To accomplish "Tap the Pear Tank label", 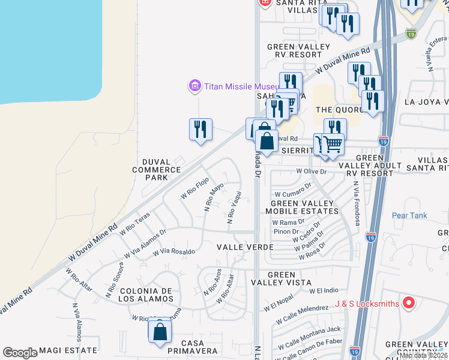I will click(409, 215).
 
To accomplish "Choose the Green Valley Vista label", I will click(289, 278).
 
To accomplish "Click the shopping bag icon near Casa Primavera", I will click(160, 332).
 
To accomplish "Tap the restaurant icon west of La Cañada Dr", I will click(200, 130).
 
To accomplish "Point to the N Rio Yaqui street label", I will click(234, 208).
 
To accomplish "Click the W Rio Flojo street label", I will click(194, 188).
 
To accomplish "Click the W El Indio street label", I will click(325, 291).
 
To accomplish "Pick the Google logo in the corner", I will click(20, 353).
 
